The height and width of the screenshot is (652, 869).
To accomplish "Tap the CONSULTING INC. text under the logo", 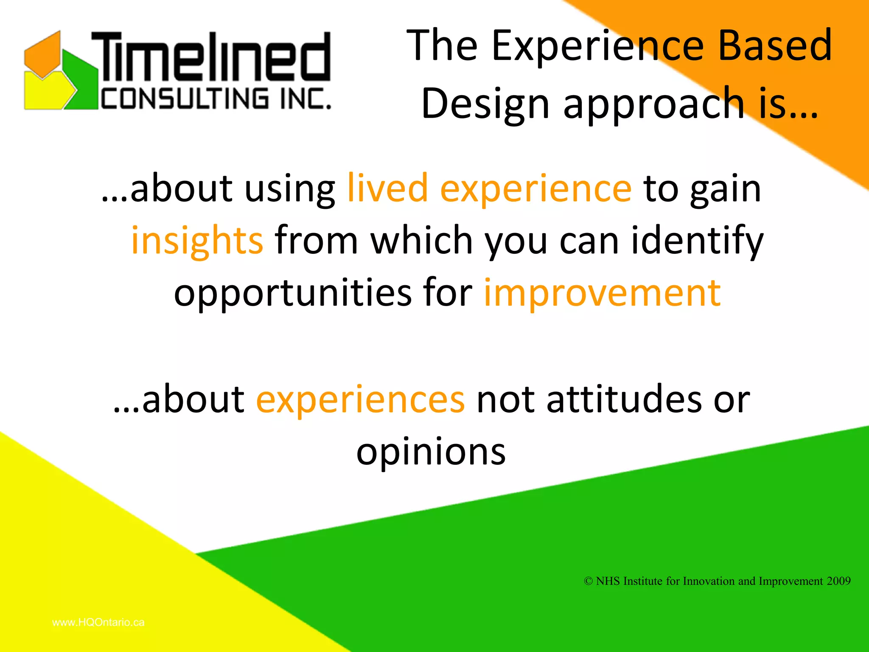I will coord(216,99).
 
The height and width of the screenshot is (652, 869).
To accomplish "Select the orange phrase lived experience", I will coord(489,188).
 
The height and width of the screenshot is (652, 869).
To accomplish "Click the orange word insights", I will coord(197,241).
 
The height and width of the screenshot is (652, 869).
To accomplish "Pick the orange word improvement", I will coord(602,292).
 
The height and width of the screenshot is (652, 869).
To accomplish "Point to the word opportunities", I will coord(293,292).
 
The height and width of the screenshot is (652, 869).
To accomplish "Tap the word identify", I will coord(697,241).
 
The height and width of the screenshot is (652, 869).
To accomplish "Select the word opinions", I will coord(431,451).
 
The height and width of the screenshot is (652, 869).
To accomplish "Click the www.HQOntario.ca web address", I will coord(98,622).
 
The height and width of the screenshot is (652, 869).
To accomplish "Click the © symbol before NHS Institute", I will coord(588,581).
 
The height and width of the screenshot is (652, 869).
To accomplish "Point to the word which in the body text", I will coord(421,241).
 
